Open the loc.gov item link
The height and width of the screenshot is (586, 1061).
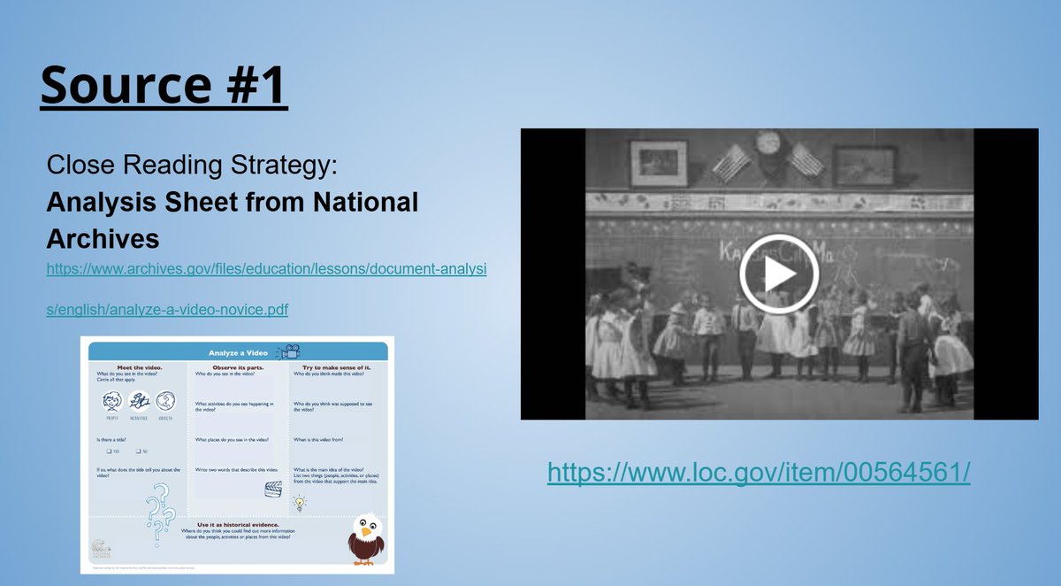point(759,472)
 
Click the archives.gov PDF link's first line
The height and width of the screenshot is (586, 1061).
point(266,266)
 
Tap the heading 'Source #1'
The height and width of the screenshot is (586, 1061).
point(164,85)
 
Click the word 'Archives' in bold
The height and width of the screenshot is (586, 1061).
point(103,239)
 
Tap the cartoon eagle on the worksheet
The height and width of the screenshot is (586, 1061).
point(365,539)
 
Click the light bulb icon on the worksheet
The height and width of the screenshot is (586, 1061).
point(300,504)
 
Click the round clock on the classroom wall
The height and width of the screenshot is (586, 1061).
point(768,143)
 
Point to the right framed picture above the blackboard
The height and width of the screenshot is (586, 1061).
point(864,165)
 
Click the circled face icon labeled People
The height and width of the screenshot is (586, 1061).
point(111,402)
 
